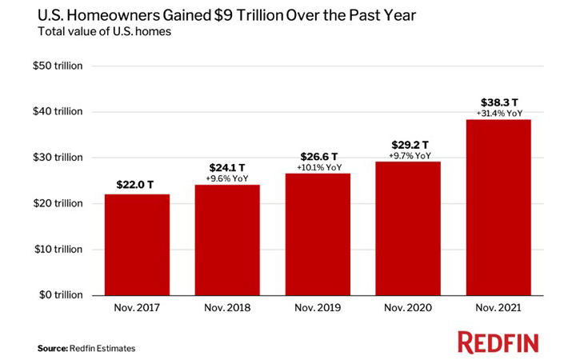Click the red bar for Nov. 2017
pyautogui.click(x=137, y=244)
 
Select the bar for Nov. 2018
pyautogui.click(x=227, y=239)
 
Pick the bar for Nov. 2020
pyautogui.click(x=408, y=228)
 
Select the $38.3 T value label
pyautogui.click(x=498, y=102)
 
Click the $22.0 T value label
pyautogui.click(x=137, y=185)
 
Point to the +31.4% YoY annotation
pyautogui.click(x=499, y=113)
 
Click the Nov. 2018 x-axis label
pyautogui.click(x=227, y=306)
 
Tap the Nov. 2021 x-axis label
pyautogui.click(x=498, y=306)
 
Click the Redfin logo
pyautogui.click(x=498, y=342)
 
